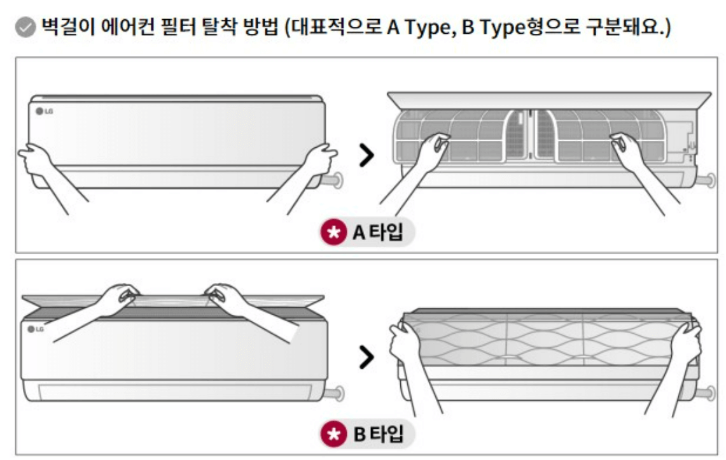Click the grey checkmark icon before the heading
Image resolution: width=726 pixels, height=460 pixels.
click(x=25, y=28)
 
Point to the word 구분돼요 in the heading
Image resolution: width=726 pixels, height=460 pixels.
click(x=625, y=27)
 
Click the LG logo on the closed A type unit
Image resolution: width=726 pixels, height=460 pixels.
click(x=45, y=111)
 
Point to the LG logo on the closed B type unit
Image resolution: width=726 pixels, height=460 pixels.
click(x=36, y=329)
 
